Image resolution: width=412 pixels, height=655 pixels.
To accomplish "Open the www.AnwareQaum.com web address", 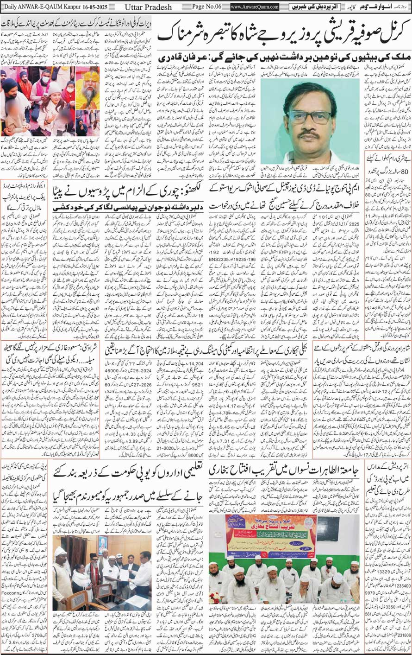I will click(254, 7).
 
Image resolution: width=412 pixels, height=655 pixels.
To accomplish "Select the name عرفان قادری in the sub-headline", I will click(175, 59).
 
